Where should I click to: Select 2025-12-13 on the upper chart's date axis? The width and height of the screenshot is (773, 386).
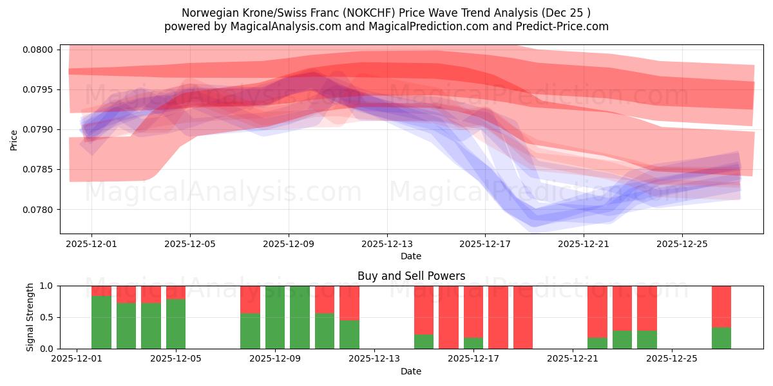pyautogui.click(x=386, y=244)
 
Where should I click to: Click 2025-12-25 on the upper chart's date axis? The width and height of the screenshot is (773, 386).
pyautogui.click(x=682, y=244)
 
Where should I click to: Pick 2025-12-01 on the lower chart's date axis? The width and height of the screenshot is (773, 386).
pyautogui.click(x=77, y=359)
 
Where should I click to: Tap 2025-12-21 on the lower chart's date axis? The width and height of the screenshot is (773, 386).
pyautogui.click(x=573, y=359)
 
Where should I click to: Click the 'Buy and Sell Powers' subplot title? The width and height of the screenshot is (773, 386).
pyautogui.click(x=411, y=276)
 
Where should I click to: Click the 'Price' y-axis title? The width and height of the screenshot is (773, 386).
pyautogui.click(x=14, y=139)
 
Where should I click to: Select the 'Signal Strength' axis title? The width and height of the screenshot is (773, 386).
pyautogui.click(x=30, y=317)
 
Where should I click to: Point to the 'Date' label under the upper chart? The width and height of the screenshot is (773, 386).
pyautogui.click(x=411, y=256)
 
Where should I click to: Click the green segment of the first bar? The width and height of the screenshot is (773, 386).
pyautogui.click(x=101, y=322)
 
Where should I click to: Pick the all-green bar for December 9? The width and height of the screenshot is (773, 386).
pyautogui.click(x=275, y=317)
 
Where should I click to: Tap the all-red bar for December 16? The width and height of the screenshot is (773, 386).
pyautogui.click(x=448, y=317)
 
